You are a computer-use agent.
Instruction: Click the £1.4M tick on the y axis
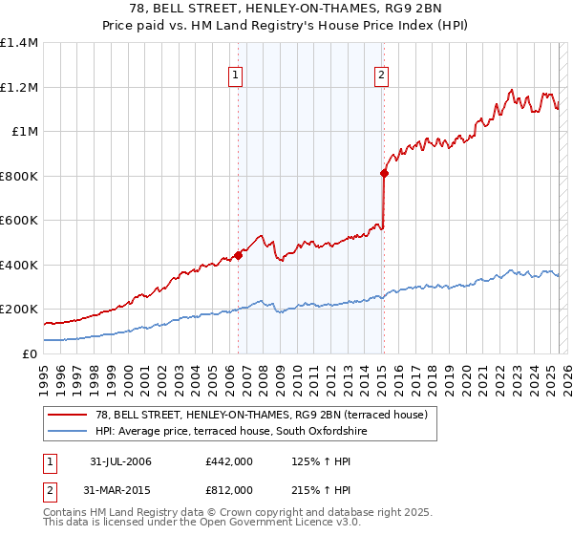coord(19,43)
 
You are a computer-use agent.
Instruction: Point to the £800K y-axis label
coord(19,176)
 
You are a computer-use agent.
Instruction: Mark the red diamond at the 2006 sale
coord(238,255)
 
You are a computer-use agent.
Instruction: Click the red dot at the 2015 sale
coord(384,173)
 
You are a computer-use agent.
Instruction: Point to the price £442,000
coord(229,461)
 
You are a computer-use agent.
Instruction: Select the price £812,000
coord(229,490)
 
